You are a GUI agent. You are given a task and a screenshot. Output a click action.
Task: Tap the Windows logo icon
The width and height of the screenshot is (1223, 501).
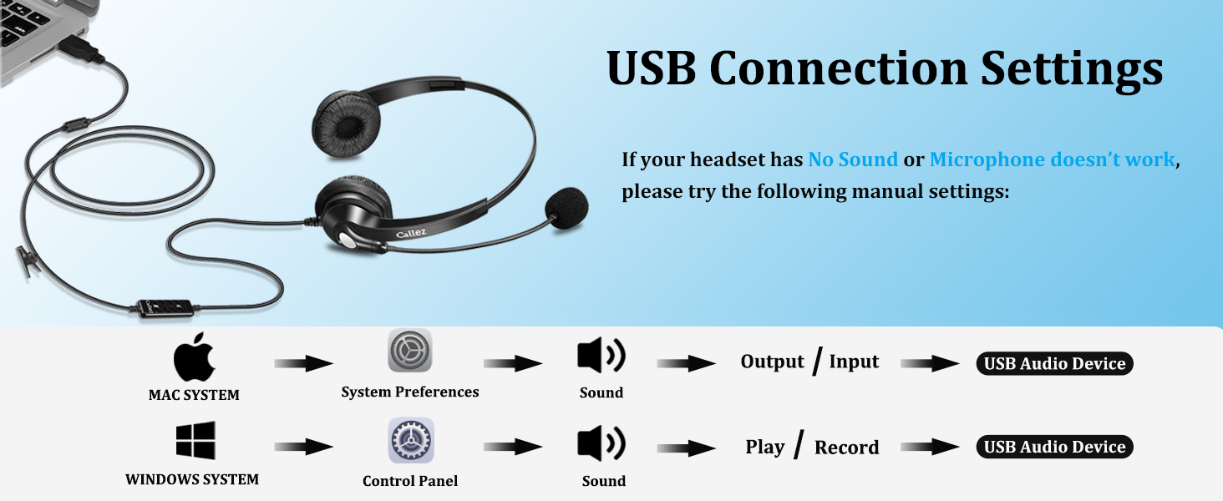[195, 440]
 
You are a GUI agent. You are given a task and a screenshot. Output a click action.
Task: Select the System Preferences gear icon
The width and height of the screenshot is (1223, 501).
[410, 351]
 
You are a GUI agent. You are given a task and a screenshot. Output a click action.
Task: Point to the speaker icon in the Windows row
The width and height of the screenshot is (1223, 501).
[601, 443]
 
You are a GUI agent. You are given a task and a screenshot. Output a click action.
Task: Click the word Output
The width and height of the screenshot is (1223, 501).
[772, 362]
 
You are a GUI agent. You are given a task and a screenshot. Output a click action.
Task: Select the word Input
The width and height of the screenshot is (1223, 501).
[854, 362]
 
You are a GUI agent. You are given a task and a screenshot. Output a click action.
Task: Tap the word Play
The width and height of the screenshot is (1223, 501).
[764, 447]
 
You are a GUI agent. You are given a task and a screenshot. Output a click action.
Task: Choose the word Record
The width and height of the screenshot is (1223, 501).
[846, 448]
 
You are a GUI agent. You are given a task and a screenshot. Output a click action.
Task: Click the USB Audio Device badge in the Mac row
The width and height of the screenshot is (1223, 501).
[1054, 363]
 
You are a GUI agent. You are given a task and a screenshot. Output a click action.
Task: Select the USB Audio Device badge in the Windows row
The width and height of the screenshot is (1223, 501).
[1054, 447]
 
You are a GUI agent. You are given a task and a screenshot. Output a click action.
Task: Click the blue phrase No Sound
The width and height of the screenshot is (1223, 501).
[853, 159]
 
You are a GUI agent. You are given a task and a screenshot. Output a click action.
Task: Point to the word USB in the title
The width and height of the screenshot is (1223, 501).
[651, 68]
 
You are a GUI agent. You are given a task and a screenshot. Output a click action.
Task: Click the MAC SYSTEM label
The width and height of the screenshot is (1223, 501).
[194, 395]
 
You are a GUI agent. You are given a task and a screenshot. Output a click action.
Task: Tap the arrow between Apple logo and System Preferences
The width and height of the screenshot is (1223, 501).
[303, 363]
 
